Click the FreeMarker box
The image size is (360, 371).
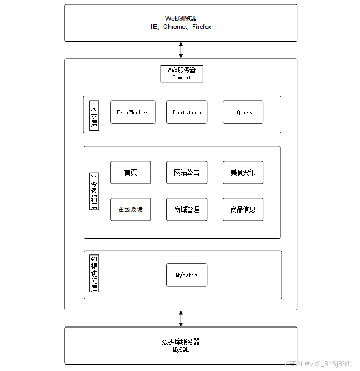pos(133,112)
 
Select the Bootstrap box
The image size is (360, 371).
pos(187,112)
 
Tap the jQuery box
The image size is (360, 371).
pos(243,112)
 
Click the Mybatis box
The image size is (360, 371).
pos(187,275)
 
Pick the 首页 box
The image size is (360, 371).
pos(130,172)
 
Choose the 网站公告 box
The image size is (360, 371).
pos(187,172)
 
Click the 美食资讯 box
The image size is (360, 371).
pos(243,172)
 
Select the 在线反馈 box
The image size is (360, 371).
pos(130,209)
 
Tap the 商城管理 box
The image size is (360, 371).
pos(187,209)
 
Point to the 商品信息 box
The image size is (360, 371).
pos(243,209)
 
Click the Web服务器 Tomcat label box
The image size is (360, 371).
pos(182,74)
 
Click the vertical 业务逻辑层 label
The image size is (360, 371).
pos(94,191)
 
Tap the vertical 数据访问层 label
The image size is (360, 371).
pos(94,273)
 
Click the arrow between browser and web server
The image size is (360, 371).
pos(181,50)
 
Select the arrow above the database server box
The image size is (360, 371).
pos(181,318)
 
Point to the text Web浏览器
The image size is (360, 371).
pos(181,19)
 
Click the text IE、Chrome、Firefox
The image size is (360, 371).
pos(181,27)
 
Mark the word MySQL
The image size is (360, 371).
pos(181,350)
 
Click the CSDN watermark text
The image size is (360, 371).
pos(319,363)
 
